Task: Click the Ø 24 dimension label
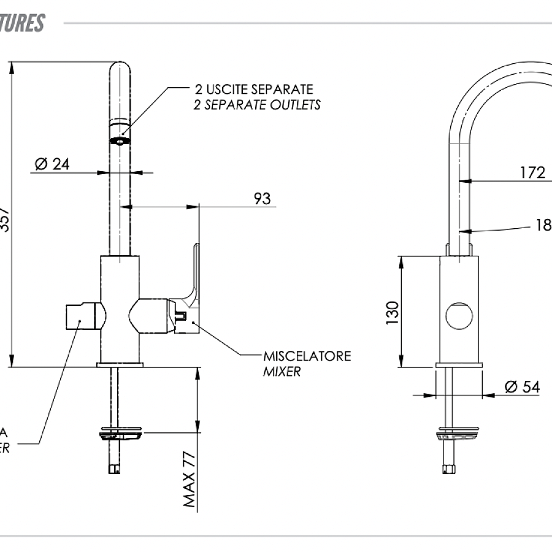click(52, 164)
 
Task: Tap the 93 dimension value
click(262, 199)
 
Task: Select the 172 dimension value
click(532, 172)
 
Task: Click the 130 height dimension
click(393, 312)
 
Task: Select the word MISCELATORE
click(307, 356)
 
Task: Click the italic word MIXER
click(282, 371)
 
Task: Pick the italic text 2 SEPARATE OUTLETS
click(257, 105)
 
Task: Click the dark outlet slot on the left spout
click(120, 140)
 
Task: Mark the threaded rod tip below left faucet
click(113, 469)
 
